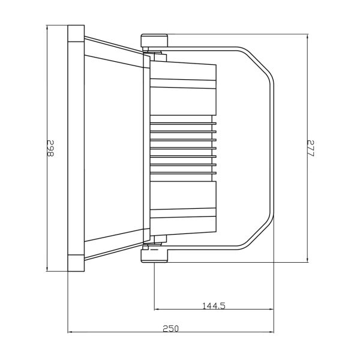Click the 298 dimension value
(x=50, y=148)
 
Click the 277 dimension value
(x=310, y=148)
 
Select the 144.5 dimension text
(x=214, y=306)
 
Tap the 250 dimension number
(x=170, y=329)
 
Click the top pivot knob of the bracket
(x=154, y=40)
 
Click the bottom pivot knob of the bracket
(x=154, y=256)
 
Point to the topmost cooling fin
(x=183, y=124)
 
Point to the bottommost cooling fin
(x=183, y=173)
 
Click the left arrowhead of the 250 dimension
(x=70, y=332)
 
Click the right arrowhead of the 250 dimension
(x=272, y=332)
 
